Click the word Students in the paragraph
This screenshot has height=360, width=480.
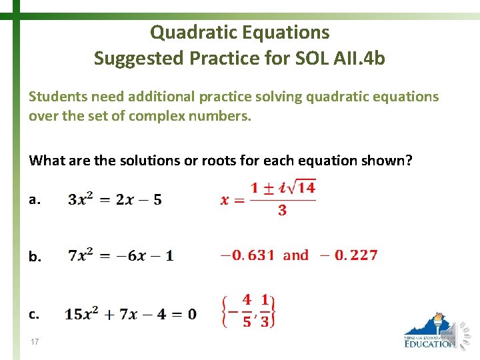(56, 97)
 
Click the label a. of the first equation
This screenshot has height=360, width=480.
(35, 199)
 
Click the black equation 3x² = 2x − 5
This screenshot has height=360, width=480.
(115, 199)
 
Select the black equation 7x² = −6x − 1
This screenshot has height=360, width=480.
(121, 255)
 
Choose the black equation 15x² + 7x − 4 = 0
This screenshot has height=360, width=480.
(131, 313)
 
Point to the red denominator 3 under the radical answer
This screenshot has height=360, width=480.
(282, 211)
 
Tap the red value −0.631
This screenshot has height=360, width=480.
(247, 255)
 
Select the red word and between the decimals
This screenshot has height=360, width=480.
(296, 255)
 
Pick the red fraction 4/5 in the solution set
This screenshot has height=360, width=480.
(247, 311)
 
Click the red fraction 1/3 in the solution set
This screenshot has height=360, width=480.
(265, 311)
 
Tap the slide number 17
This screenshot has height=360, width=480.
(34, 342)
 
